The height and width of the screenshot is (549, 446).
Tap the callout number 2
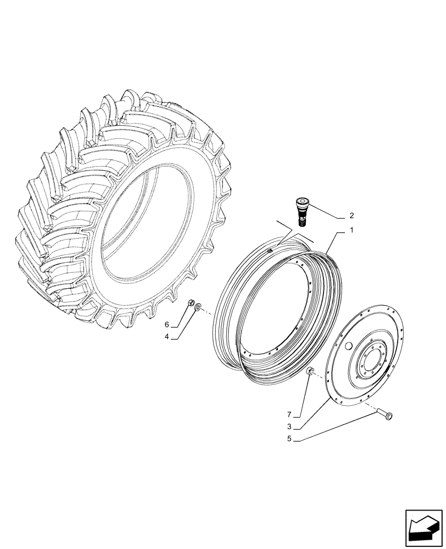[x=352, y=216]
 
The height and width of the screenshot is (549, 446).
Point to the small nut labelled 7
[x=309, y=372]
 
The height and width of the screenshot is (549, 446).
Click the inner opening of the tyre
[x=148, y=225]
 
